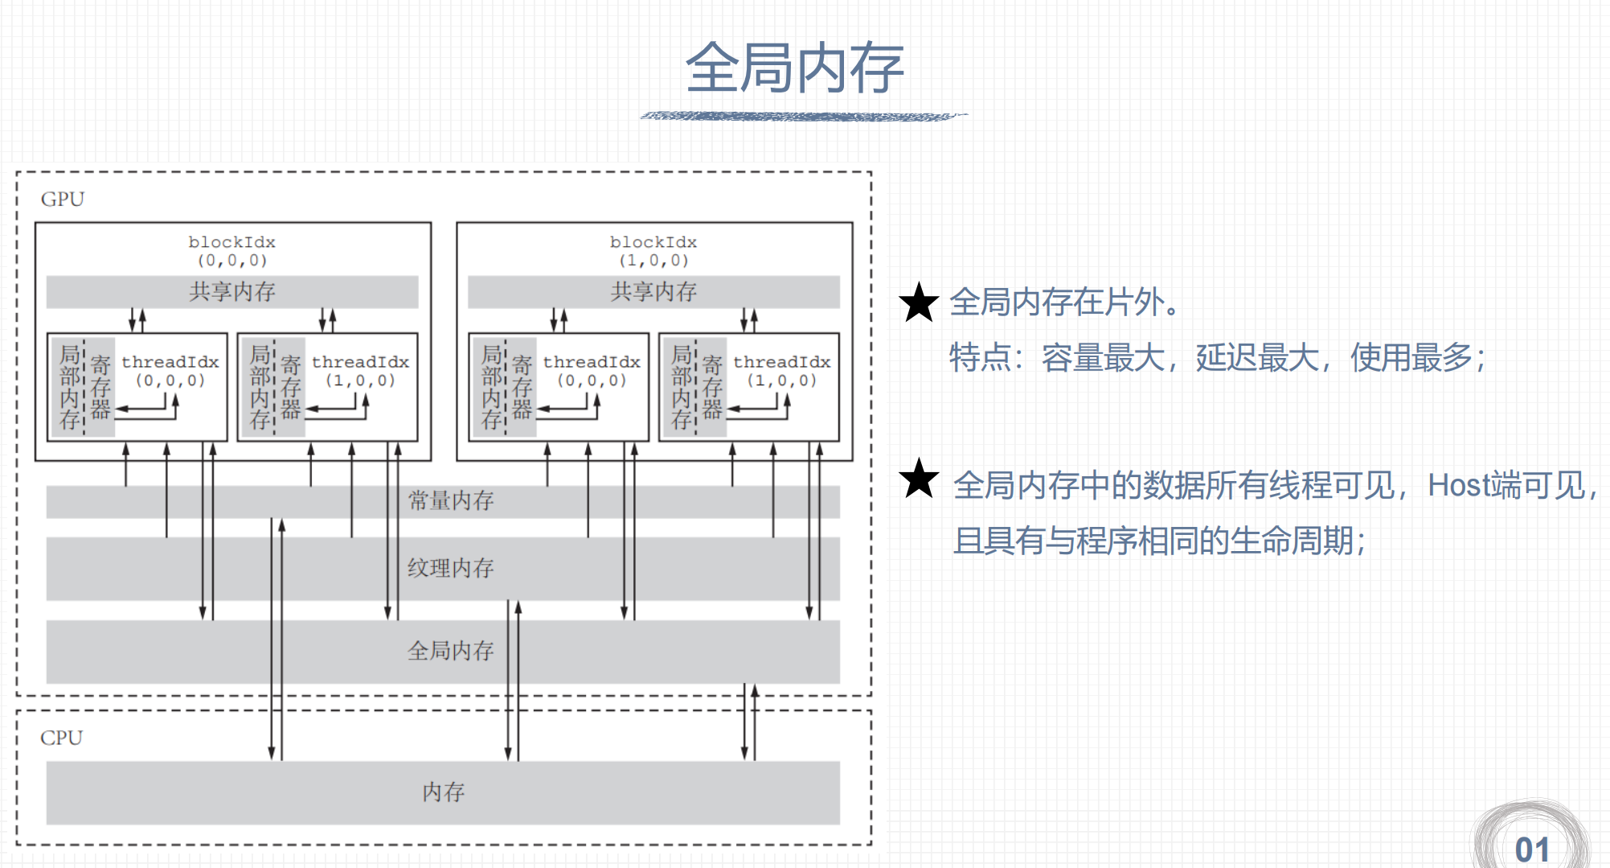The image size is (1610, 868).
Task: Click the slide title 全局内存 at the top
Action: (794, 68)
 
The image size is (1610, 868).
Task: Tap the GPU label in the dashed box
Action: (63, 200)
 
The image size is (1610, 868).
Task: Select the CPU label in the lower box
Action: (61, 738)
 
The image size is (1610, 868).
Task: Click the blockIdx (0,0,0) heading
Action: (232, 250)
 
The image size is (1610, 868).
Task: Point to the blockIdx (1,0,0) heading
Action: (653, 250)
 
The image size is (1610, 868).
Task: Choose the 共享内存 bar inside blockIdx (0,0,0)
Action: (232, 292)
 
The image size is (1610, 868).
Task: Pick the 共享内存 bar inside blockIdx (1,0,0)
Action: (653, 292)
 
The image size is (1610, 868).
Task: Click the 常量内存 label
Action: (450, 501)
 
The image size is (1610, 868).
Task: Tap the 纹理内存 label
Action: (450, 569)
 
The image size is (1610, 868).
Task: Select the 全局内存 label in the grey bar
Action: (450, 651)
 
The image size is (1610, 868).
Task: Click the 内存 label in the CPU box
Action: (443, 792)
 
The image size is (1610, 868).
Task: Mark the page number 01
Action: (1532, 849)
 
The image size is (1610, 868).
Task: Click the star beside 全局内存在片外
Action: (919, 302)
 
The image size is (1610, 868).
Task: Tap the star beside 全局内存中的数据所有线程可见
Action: (919, 479)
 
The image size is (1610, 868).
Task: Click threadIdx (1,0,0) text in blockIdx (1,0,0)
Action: (781, 371)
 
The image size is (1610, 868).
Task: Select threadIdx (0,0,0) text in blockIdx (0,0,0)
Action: (170, 371)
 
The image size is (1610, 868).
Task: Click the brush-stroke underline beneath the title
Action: (804, 117)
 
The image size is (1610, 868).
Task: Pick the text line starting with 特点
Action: (1217, 358)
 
